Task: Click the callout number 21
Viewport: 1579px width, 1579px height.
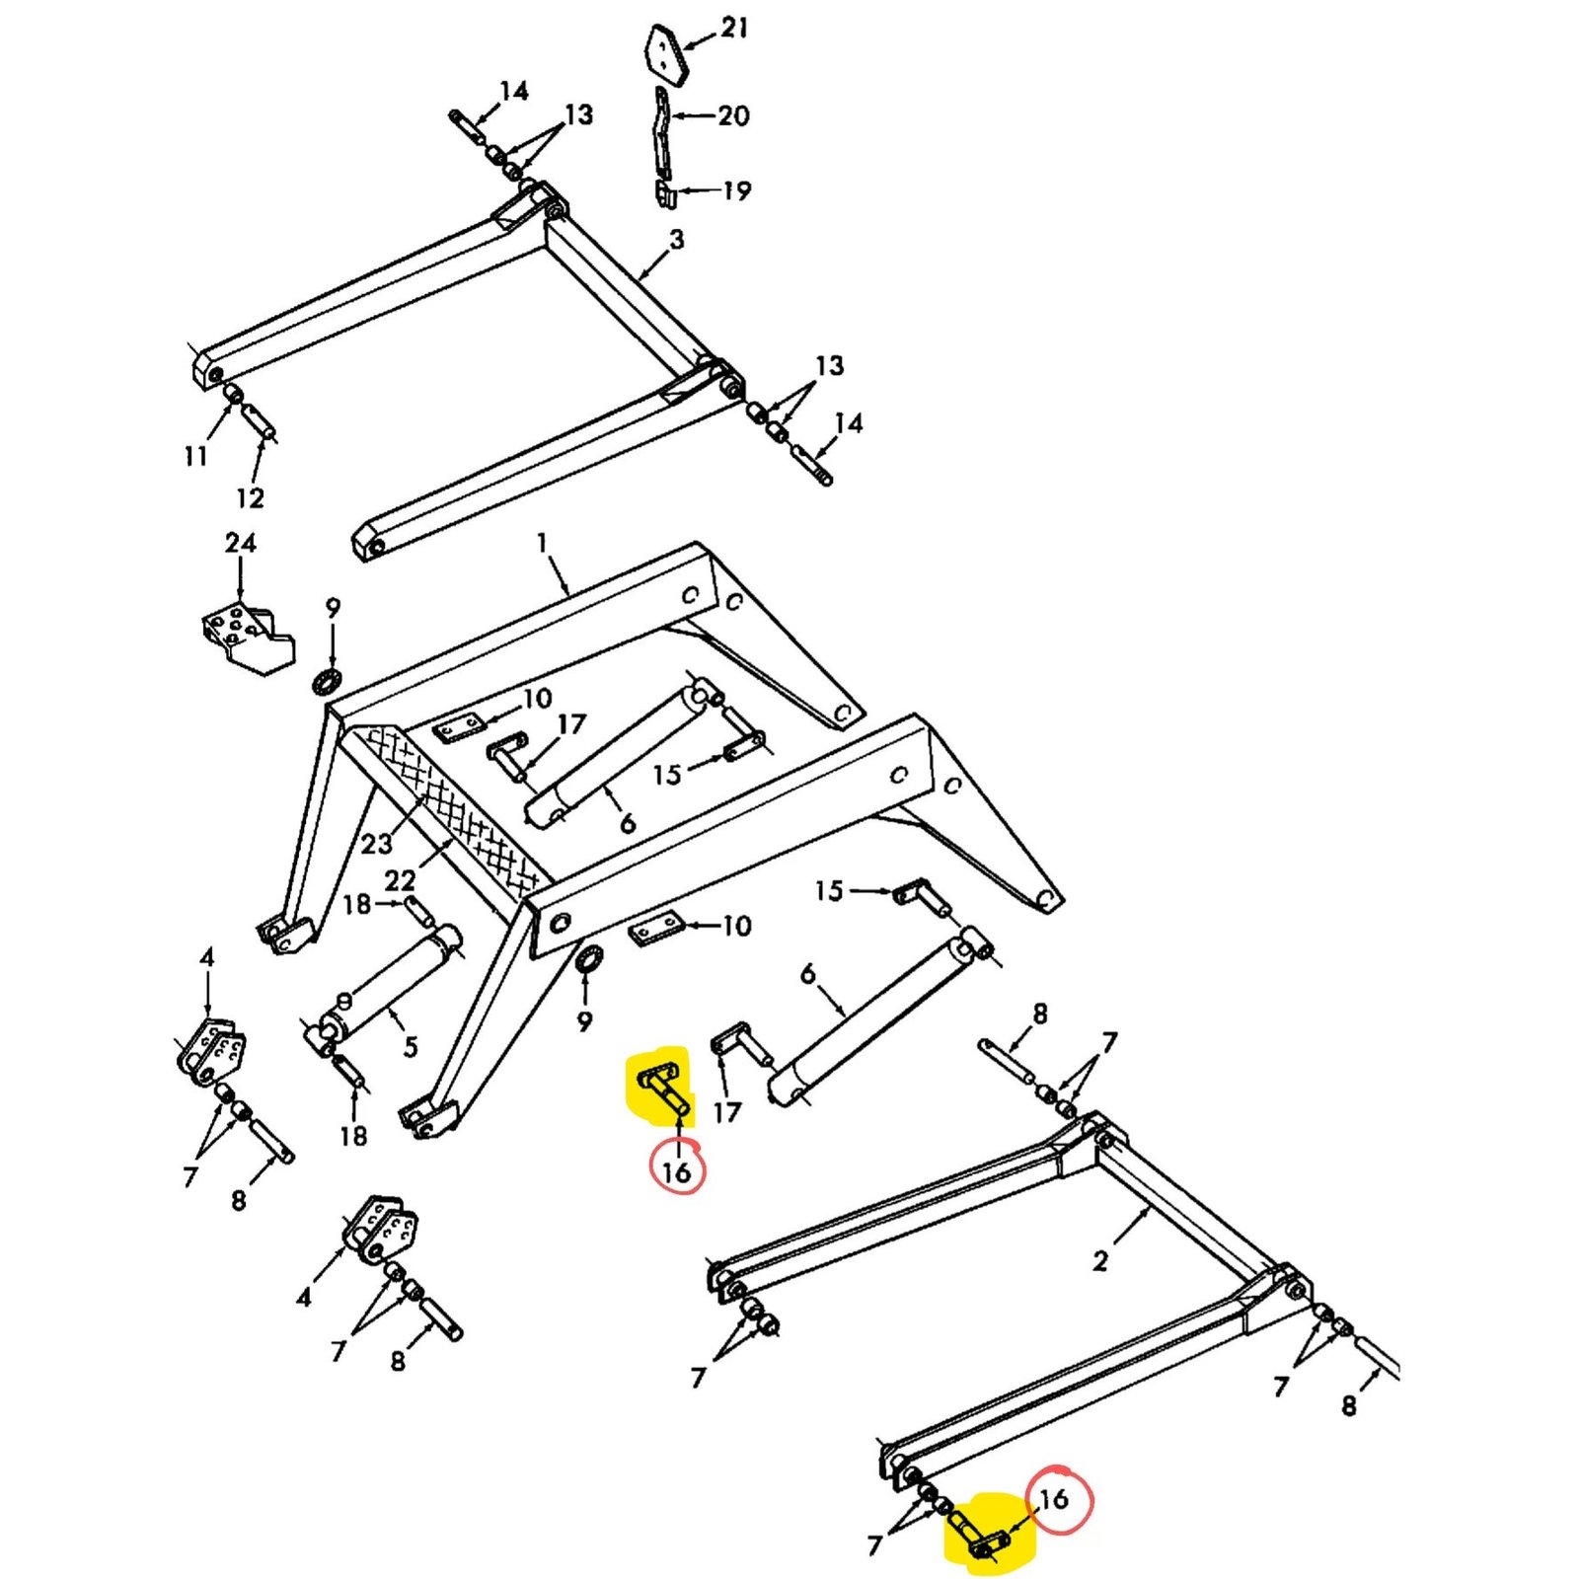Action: (x=734, y=29)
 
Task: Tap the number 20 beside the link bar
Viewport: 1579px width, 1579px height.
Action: (x=733, y=116)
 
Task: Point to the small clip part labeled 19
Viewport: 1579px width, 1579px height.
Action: (x=665, y=192)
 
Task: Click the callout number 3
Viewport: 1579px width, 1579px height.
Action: (x=676, y=240)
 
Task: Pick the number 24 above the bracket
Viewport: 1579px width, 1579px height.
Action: (x=240, y=544)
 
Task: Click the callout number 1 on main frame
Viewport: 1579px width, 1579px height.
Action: (x=542, y=543)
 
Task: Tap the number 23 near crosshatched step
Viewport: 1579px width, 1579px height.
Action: (x=376, y=844)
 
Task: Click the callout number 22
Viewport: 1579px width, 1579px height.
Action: (x=400, y=879)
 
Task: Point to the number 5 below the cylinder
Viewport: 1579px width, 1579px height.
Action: (x=411, y=1046)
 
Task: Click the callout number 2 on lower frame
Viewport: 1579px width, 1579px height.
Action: (x=1100, y=1260)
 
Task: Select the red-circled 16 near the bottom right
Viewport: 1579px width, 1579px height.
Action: (x=1055, y=1499)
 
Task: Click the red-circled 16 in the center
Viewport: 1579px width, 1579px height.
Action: (x=677, y=1172)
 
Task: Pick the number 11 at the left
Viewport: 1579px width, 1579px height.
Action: (x=195, y=456)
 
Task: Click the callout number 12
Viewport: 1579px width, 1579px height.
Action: (x=250, y=498)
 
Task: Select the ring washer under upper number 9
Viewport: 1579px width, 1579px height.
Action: (x=327, y=681)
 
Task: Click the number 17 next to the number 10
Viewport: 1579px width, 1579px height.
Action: (x=571, y=725)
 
